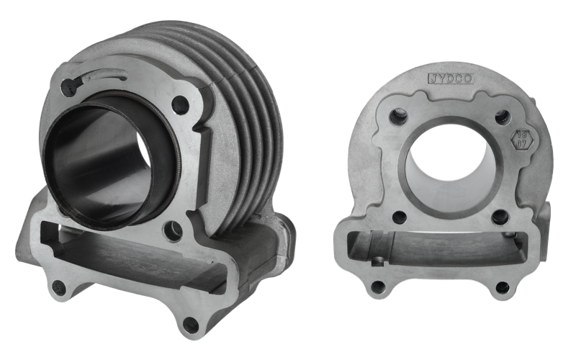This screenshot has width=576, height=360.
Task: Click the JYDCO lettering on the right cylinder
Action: coord(451,78)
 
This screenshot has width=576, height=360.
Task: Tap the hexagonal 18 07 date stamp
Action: coord(521,140)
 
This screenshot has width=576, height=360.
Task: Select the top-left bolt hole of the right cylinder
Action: coord(399,115)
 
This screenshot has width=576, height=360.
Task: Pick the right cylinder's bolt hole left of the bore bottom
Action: coord(399,217)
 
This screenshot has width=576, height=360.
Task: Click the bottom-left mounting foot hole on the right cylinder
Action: coord(377,287)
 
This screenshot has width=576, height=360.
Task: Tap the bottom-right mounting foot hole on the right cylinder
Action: coord(503,287)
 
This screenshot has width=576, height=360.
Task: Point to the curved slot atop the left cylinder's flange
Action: coord(104,75)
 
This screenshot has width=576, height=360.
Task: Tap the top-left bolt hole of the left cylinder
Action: coord(68,89)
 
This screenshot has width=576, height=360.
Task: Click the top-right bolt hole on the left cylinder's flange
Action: coord(181,106)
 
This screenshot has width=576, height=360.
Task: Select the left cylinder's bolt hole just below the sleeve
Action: coord(174,231)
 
